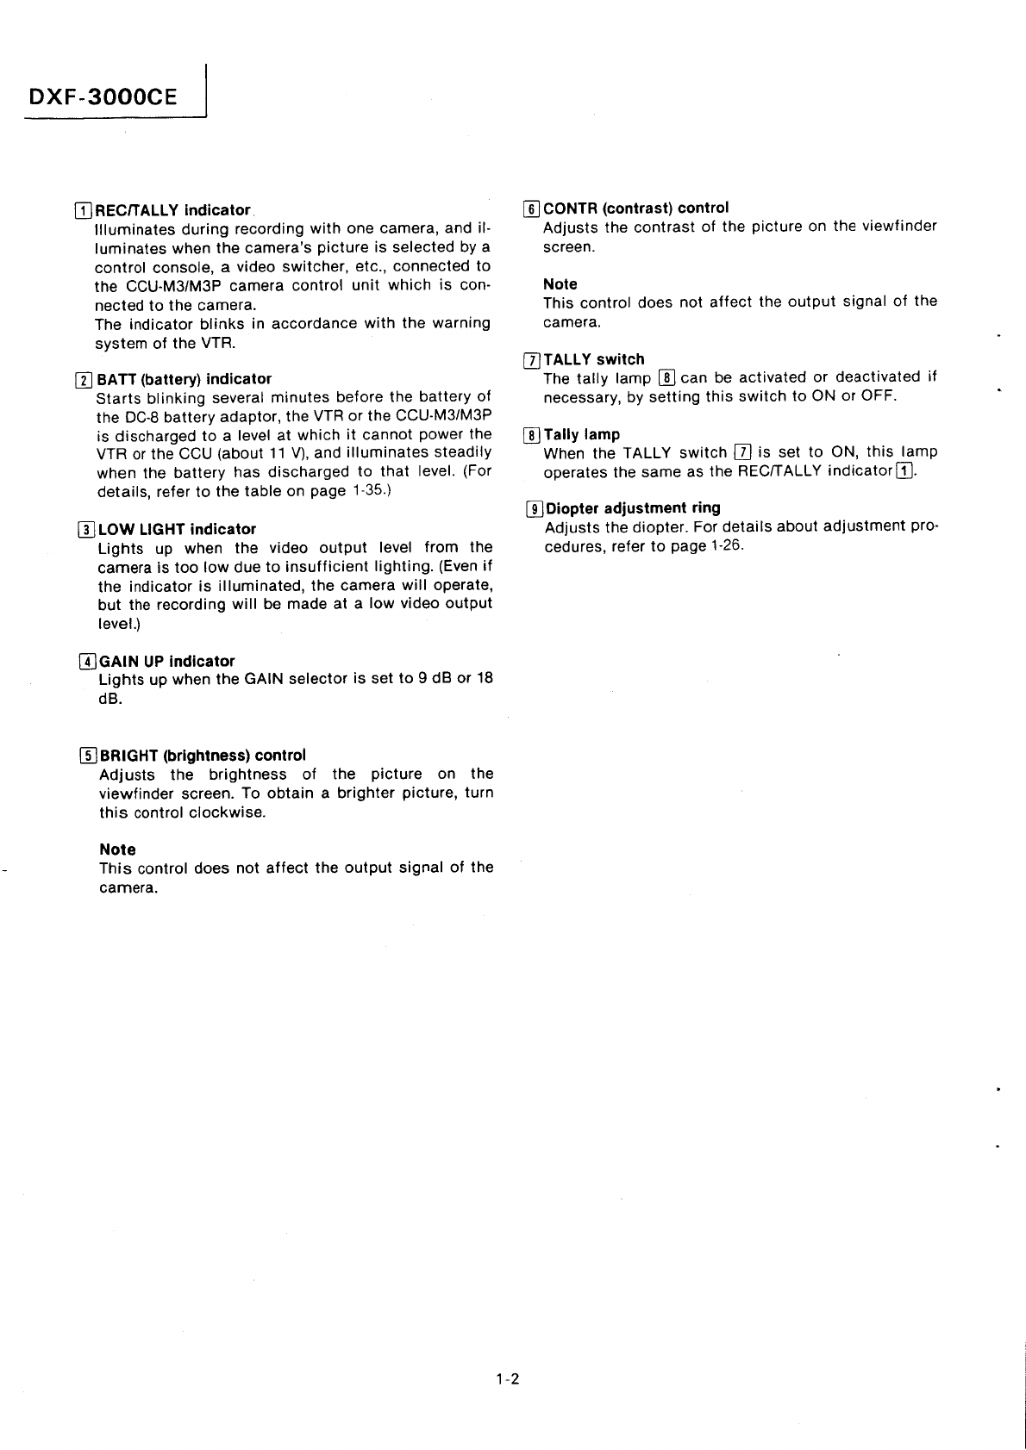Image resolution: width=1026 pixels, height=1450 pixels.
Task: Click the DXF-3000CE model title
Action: [x=103, y=96]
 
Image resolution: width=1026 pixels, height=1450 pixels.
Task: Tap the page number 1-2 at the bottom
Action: [x=508, y=1378]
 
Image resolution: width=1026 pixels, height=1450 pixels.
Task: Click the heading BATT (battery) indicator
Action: [x=184, y=378]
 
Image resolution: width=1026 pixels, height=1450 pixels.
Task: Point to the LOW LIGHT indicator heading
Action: [x=177, y=529]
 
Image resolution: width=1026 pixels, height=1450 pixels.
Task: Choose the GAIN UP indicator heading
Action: [x=167, y=661]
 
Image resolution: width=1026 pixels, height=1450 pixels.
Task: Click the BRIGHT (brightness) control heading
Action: [x=203, y=755]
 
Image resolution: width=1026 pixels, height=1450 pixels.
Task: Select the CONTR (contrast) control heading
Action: [x=635, y=208]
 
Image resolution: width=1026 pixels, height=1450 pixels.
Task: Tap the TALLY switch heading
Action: [x=593, y=359]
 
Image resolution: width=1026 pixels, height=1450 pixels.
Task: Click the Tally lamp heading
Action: [x=581, y=434]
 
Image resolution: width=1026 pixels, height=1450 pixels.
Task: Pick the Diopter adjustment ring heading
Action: [x=632, y=507]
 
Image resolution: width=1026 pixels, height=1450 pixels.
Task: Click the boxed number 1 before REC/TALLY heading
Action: [x=84, y=210]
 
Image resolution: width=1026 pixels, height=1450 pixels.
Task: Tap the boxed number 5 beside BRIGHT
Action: [x=88, y=756]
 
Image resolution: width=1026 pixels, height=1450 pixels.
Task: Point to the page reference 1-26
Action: [x=725, y=546]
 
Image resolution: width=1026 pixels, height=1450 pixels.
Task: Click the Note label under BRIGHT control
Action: [x=117, y=849]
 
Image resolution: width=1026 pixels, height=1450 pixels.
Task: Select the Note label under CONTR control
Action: [x=560, y=283]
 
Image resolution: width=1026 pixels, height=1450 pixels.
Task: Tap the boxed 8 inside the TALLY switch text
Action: [x=666, y=377]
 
